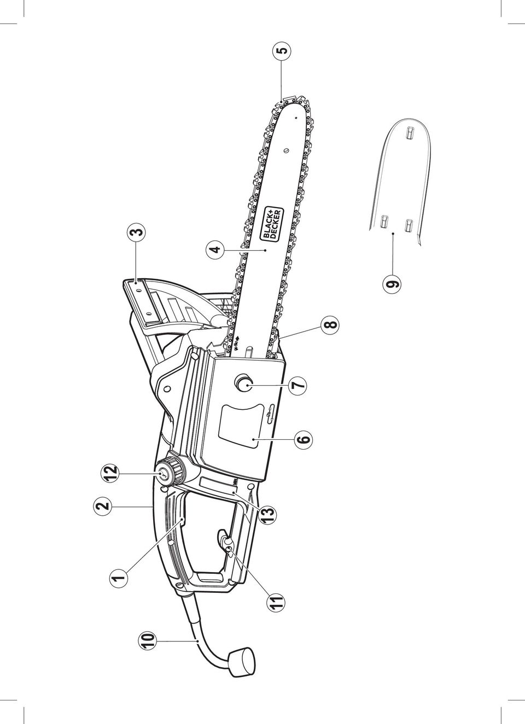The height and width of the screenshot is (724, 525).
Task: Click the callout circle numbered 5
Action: (x=282, y=51)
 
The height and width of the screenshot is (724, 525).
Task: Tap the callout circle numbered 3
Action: (x=136, y=232)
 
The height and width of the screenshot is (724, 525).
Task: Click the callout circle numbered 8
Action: (x=330, y=324)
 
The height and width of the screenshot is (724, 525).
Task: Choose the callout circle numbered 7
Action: (x=297, y=385)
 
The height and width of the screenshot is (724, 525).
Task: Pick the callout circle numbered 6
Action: (x=303, y=439)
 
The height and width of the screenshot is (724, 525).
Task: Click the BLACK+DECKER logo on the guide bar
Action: (x=272, y=223)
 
